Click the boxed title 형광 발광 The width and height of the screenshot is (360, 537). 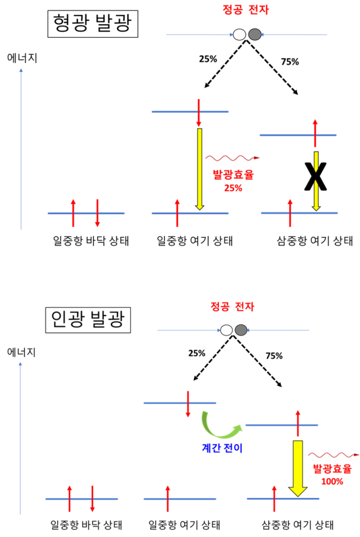pyautogui.click(x=92, y=23)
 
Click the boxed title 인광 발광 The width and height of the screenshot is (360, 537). pyautogui.click(x=88, y=320)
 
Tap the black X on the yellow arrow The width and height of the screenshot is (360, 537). pyautogui.click(x=316, y=177)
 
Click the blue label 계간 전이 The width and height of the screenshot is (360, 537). pyautogui.click(x=223, y=448)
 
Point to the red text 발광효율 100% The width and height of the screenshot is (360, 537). pyautogui.click(x=332, y=475)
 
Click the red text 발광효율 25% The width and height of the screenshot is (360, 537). pyautogui.click(x=233, y=181)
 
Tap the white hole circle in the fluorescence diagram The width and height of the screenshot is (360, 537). pyautogui.click(x=239, y=35)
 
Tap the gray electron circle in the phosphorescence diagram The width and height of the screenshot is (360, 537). pyautogui.click(x=241, y=330)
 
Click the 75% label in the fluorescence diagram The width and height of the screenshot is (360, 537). pyautogui.click(x=290, y=62)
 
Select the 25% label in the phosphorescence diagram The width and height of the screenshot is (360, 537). pyautogui.click(x=197, y=353)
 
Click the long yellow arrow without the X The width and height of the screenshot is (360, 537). pyautogui.click(x=200, y=169)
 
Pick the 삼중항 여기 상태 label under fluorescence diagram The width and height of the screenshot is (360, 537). pyautogui.click(x=315, y=241)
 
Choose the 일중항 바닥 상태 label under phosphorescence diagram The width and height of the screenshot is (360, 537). pyautogui.click(x=86, y=524)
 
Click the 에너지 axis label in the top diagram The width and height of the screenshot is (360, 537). pyautogui.click(x=22, y=58)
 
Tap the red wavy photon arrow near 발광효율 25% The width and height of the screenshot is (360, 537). pyautogui.click(x=233, y=158)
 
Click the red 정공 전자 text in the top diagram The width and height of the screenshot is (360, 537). pyautogui.click(x=245, y=9)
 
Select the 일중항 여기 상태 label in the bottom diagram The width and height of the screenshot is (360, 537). pyautogui.click(x=184, y=524)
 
